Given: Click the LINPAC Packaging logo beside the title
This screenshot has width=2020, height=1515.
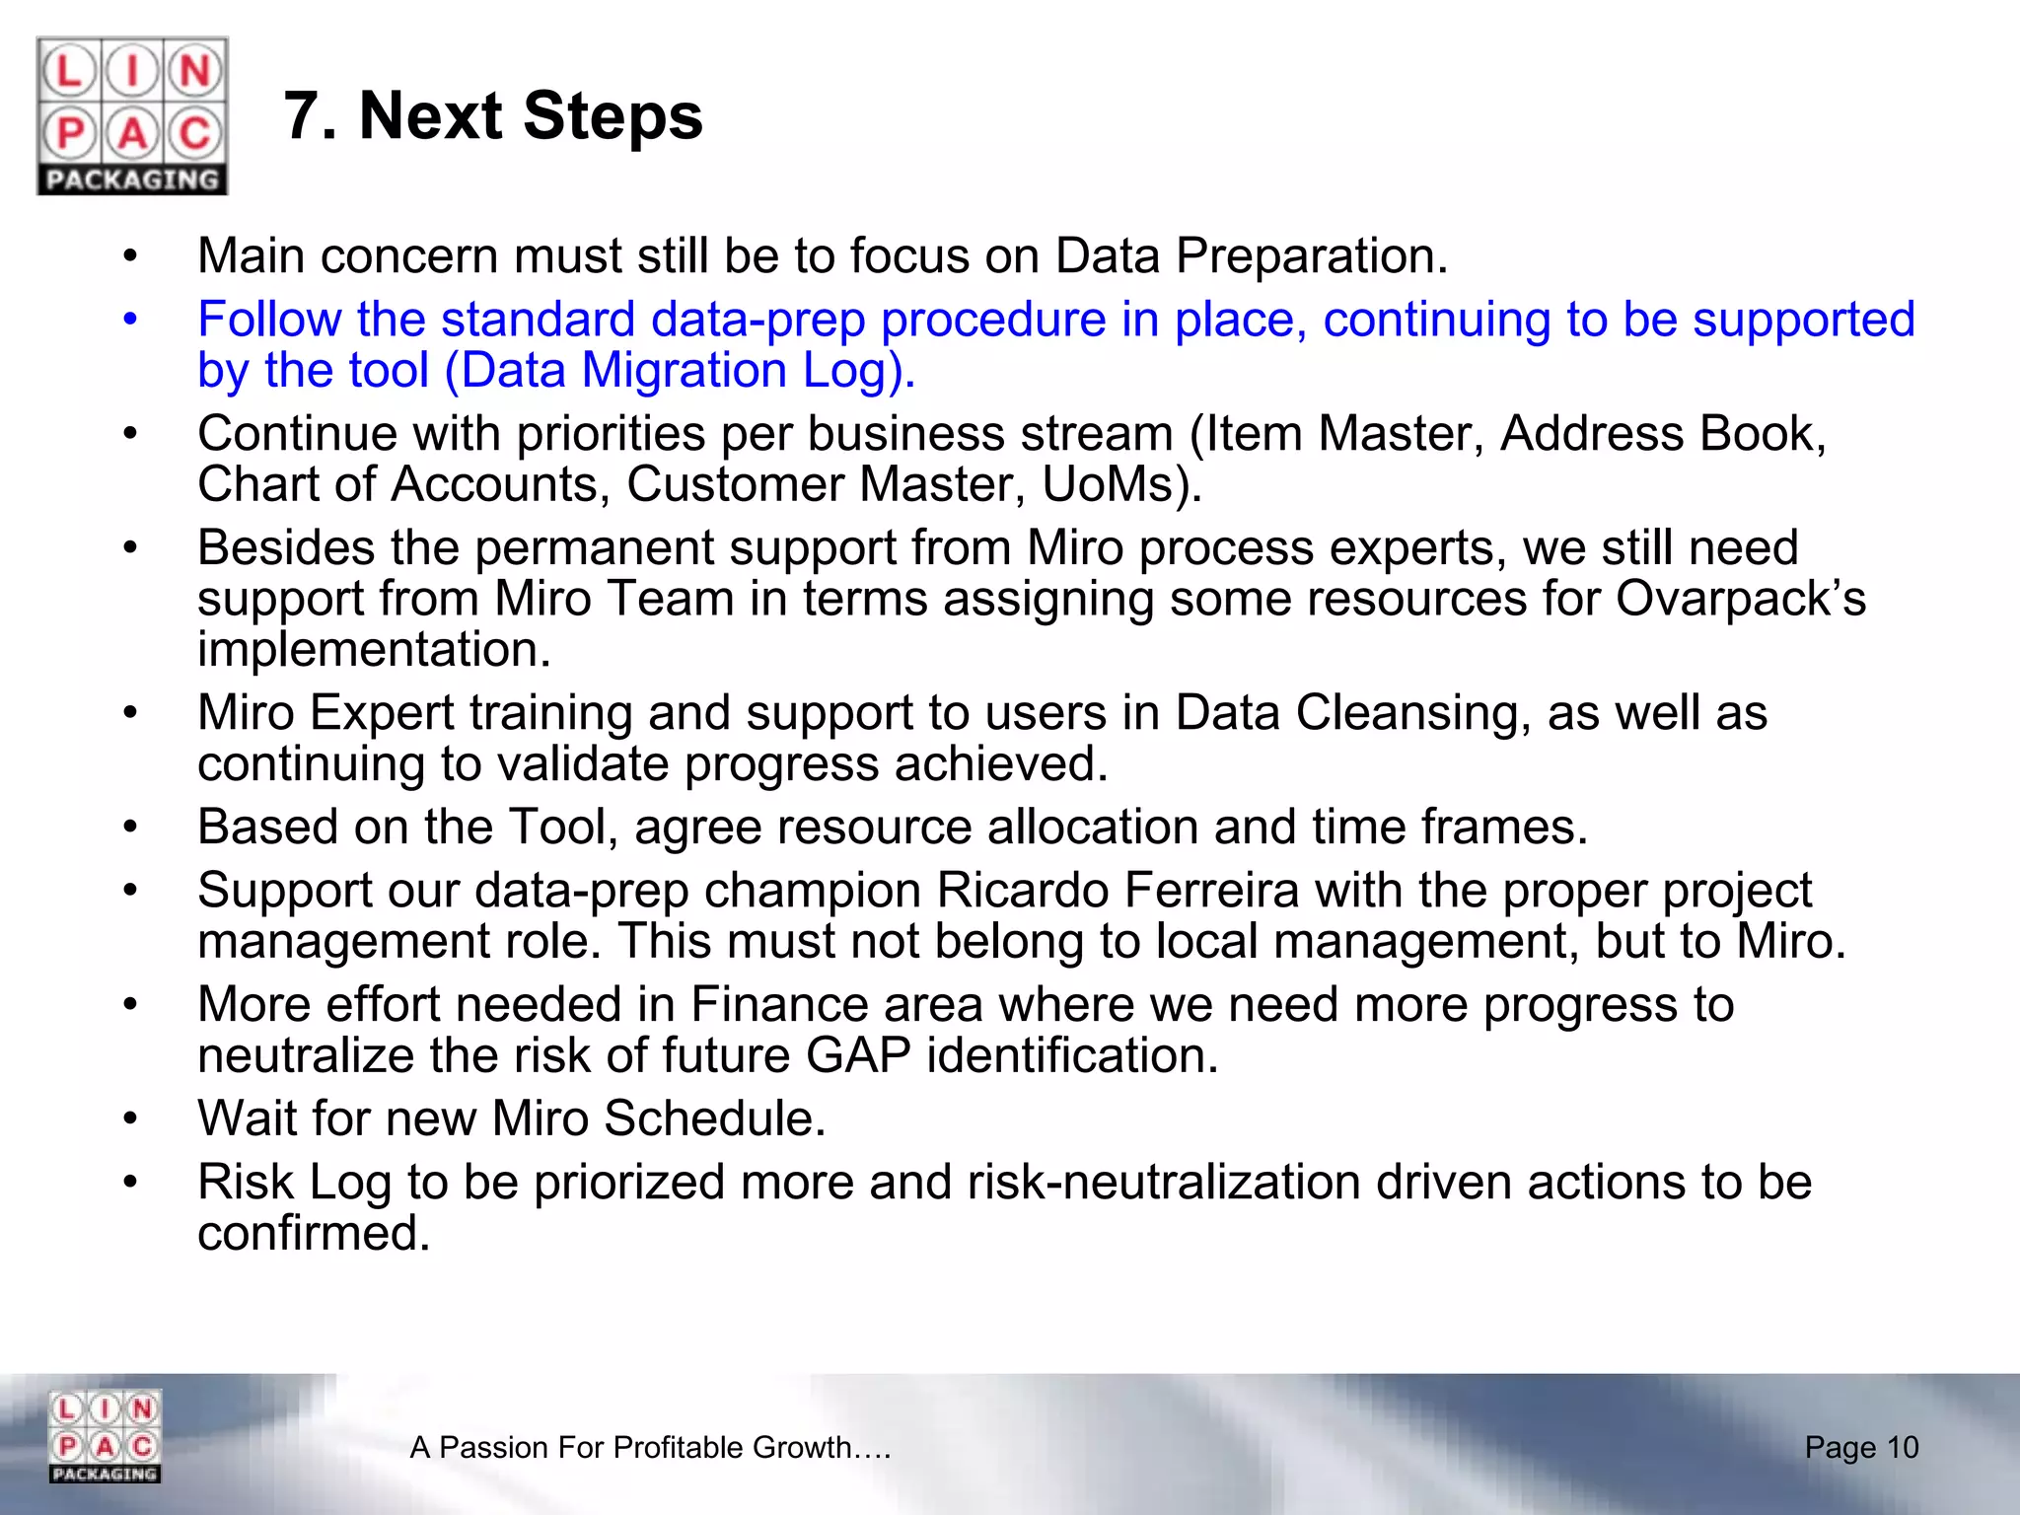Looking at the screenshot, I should (x=132, y=115).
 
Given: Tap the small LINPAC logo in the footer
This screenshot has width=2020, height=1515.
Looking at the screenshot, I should (x=105, y=1436).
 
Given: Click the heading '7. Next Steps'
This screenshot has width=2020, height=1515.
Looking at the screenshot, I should (x=493, y=116).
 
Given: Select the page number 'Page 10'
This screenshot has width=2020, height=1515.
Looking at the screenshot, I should (x=1861, y=1447).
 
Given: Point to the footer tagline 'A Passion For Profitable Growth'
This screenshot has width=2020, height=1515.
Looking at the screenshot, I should (x=650, y=1447).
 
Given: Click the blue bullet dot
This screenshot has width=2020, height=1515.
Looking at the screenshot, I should (x=130, y=320).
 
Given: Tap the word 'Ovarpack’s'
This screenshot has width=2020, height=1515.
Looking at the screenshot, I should (x=1740, y=598).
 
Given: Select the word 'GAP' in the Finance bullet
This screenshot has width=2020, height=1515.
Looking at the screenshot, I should (x=858, y=1055).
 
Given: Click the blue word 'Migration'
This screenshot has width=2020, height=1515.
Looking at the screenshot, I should (x=684, y=371).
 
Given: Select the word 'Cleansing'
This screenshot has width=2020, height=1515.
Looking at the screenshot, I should (x=1412, y=712).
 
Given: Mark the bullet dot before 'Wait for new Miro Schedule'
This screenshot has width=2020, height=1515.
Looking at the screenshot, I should (x=130, y=1118).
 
